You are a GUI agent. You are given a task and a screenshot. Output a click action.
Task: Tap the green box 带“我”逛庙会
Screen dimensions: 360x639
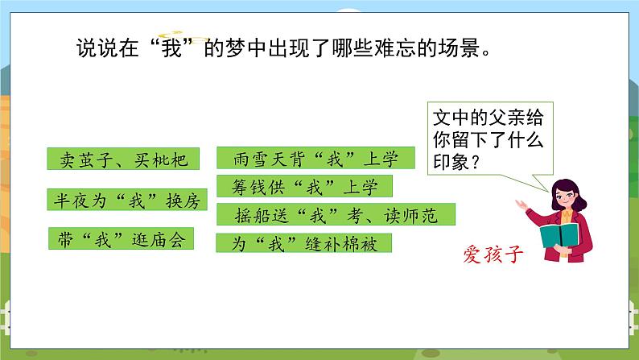(120, 238)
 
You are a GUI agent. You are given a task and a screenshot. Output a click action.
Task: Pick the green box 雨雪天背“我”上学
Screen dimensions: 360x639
(315, 159)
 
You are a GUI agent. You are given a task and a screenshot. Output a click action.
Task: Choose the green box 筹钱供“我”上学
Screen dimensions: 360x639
(304, 187)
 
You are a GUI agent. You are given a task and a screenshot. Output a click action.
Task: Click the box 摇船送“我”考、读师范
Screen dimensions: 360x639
(336, 215)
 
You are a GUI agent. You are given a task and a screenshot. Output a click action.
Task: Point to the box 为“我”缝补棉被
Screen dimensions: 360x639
(303, 243)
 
